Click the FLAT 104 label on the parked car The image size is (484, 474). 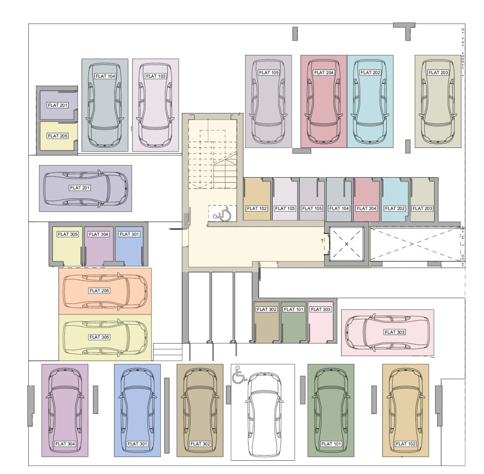pyautogui.click(x=105, y=76)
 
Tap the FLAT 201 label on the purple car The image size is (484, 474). pyautogui.click(x=80, y=188)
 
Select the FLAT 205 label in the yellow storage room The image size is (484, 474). pyautogui.click(x=58, y=136)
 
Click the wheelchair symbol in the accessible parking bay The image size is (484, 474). pyautogui.click(x=239, y=375)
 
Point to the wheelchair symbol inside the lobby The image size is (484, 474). pyautogui.click(x=222, y=214)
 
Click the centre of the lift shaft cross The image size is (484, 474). pyautogui.click(x=346, y=244)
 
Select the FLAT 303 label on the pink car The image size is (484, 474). pyautogui.click(x=395, y=332)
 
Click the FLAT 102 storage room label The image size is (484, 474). pyautogui.click(x=257, y=208)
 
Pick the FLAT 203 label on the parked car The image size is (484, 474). pyautogui.click(x=438, y=72)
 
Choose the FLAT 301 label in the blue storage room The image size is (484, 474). pyautogui.click(x=130, y=234)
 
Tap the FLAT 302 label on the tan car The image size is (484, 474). pyautogui.click(x=200, y=444)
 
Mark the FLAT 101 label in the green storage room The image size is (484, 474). pyautogui.click(x=294, y=309)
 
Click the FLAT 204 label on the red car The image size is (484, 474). pyautogui.click(x=324, y=72)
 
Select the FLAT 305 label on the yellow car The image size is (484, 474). pyautogui.click(x=99, y=337)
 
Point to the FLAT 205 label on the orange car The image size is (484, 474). pyautogui.click(x=99, y=291)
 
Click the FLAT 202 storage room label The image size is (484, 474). pyautogui.click(x=395, y=208)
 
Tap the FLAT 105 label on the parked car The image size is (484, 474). pyautogui.click(x=269, y=72)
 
